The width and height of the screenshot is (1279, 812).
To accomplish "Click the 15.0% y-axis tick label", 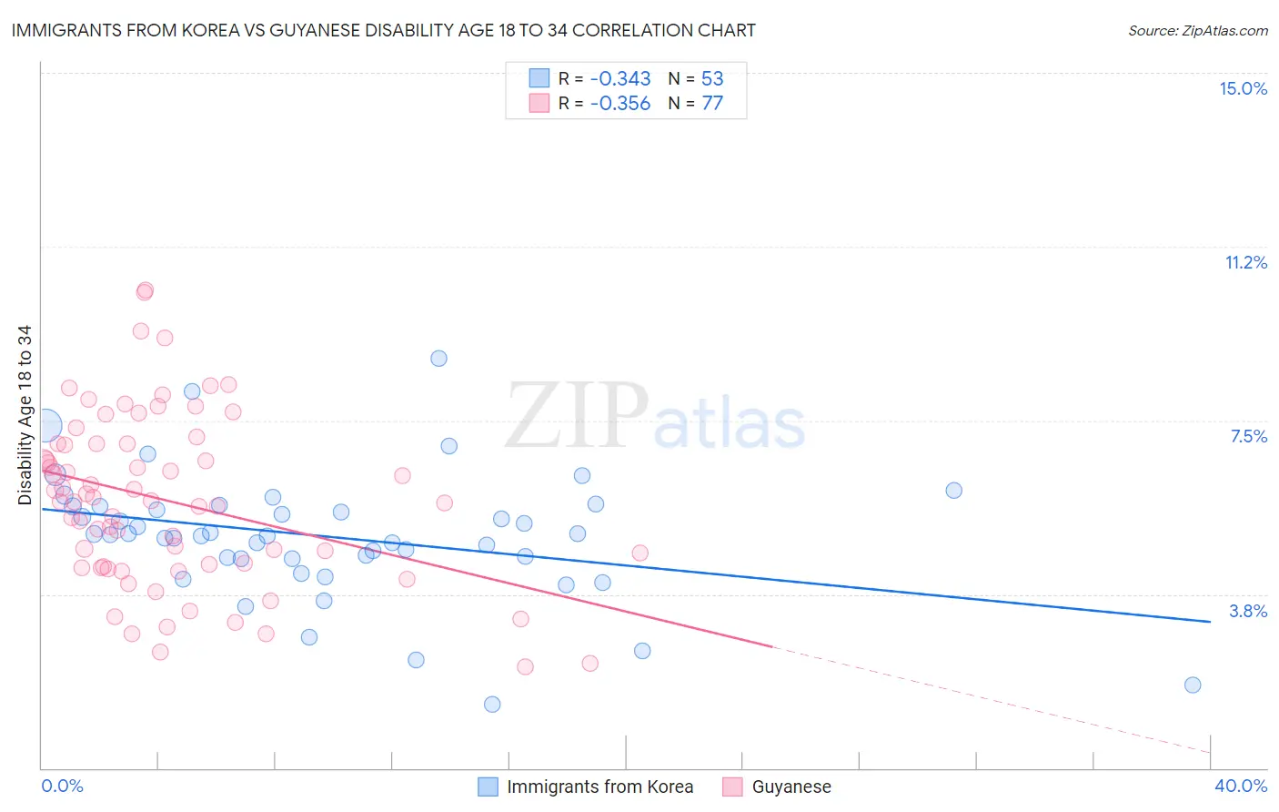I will pyautogui.click(x=1243, y=88).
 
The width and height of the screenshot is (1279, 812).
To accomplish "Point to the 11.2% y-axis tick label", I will pyautogui.click(x=1245, y=262).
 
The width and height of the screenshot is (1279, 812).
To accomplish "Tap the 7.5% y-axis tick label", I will pyautogui.click(x=1248, y=436).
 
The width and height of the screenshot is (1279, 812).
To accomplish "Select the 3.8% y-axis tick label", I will pyautogui.click(x=1248, y=611).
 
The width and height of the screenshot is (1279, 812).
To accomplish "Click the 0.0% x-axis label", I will pyautogui.click(x=62, y=786).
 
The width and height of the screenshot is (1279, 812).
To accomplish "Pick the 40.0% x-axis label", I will pyautogui.click(x=1240, y=786).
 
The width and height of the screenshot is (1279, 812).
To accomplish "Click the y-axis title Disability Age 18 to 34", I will pyautogui.click(x=25, y=415).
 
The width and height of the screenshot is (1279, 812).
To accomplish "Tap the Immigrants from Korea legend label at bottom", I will pyautogui.click(x=599, y=787).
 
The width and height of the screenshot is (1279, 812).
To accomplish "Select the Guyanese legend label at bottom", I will pyautogui.click(x=791, y=787).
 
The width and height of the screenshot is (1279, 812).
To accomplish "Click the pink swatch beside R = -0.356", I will pyautogui.click(x=539, y=103).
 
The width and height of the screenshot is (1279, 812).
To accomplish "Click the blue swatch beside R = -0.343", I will pyautogui.click(x=539, y=78).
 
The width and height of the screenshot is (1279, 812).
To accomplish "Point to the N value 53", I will pyautogui.click(x=712, y=78).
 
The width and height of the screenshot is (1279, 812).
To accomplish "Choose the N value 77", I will pyautogui.click(x=712, y=103).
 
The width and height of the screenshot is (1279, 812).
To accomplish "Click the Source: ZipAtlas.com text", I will pyautogui.click(x=1197, y=30).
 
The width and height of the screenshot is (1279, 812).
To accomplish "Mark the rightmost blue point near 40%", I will pyautogui.click(x=1193, y=685).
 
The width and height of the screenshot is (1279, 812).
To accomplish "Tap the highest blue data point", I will pyautogui.click(x=438, y=359).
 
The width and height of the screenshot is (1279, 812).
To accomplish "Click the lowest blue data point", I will pyautogui.click(x=492, y=704).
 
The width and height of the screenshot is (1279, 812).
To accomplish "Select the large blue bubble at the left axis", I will pyautogui.click(x=45, y=425).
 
